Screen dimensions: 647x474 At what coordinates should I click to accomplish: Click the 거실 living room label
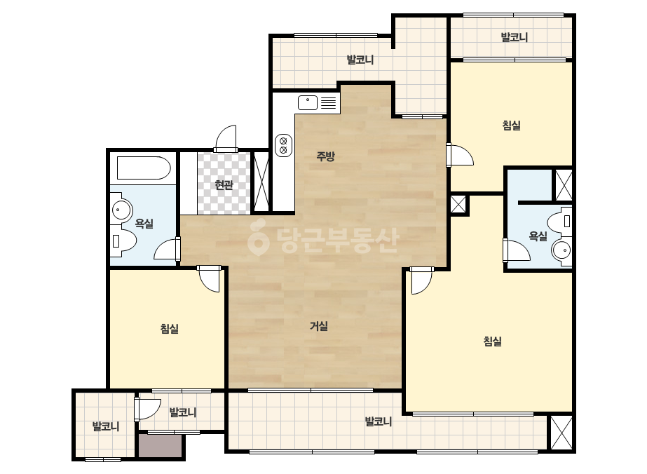[319, 326]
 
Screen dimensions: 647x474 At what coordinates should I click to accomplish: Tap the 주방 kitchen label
[325, 156]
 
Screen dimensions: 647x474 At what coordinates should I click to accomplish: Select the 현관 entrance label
[224, 185]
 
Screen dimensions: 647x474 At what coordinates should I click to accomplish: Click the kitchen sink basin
[308, 102]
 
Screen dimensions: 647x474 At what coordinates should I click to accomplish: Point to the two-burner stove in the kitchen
[283, 145]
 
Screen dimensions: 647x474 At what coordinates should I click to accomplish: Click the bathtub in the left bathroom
[144, 167]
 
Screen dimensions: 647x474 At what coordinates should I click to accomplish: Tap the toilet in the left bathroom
[124, 241]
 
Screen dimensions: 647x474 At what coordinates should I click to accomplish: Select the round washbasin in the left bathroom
[120, 210]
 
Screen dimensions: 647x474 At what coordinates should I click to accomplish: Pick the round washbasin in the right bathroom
[561, 250]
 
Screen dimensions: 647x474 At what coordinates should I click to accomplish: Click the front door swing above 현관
[226, 138]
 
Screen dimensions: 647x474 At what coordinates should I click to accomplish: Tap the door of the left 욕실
[167, 249]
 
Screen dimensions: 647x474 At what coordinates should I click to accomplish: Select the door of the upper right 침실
[459, 155]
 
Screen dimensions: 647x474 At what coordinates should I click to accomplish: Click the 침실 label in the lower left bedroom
[170, 329]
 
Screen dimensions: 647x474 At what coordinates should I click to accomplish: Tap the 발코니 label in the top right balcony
[514, 37]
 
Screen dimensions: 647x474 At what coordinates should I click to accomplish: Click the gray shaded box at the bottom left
[160, 445]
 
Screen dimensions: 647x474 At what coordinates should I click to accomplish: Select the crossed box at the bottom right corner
[561, 433]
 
